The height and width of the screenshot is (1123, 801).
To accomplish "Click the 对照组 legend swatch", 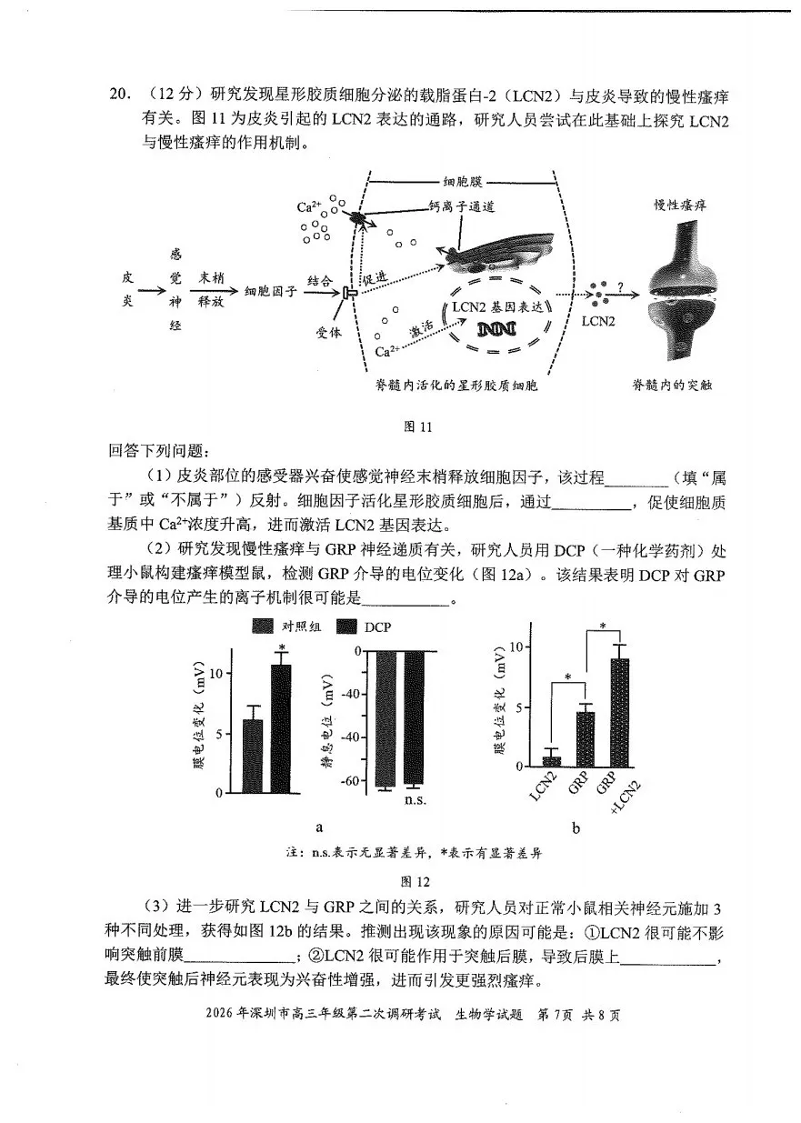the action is pyautogui.click(x=263, y=627).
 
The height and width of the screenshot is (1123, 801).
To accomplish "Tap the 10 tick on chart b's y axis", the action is pyautogui.click(x=516, y=647).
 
